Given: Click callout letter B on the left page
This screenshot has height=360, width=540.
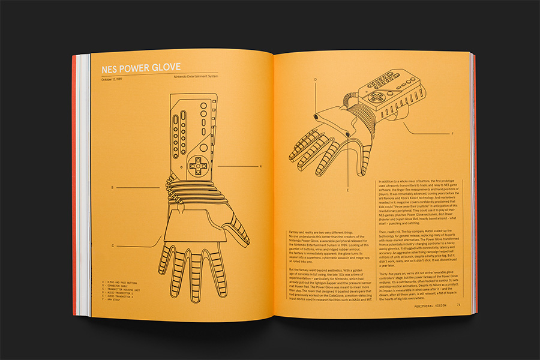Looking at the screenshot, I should point(112,188).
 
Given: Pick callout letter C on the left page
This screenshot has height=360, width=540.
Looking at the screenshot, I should point(112,245).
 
